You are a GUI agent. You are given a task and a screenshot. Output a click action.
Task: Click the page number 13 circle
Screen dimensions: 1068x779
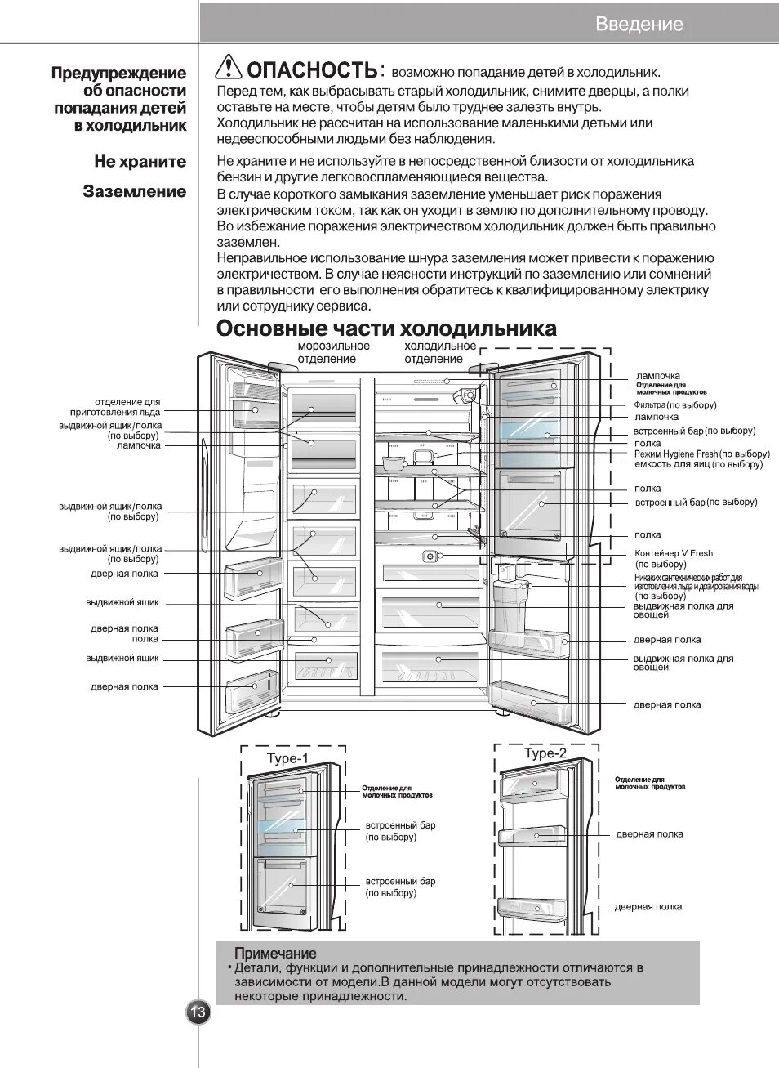[198, 1012]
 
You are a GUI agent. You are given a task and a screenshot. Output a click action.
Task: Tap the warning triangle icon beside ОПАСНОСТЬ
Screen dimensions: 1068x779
[229, 67]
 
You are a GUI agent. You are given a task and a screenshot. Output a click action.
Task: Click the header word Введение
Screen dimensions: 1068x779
[639, 24]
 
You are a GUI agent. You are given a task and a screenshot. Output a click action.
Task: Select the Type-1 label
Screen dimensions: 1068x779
[287, 758]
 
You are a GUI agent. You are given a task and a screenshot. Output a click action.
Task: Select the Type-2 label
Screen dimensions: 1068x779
[545, 753]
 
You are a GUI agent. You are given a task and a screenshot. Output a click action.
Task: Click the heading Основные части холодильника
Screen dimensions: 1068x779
[386, 328]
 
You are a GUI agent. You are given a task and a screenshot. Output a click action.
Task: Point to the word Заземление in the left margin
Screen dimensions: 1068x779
[134, 191]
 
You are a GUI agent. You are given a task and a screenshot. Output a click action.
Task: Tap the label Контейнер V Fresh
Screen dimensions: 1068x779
[674, 553]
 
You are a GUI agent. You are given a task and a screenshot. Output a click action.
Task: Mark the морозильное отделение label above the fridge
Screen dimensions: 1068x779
[333, 352]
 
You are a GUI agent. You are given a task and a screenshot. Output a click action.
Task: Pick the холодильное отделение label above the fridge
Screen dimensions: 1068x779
[439, 352]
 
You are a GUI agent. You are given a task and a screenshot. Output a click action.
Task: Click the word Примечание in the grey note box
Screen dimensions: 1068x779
[274, 953]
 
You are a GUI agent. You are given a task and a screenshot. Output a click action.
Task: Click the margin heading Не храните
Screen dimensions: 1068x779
[140, 161]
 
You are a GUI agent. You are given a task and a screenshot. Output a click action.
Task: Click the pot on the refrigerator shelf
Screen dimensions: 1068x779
[395, 462]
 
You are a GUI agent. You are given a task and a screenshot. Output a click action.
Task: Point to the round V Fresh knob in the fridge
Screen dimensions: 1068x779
[429, 556]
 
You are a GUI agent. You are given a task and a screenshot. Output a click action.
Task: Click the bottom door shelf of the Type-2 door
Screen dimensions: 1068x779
[532, 908]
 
